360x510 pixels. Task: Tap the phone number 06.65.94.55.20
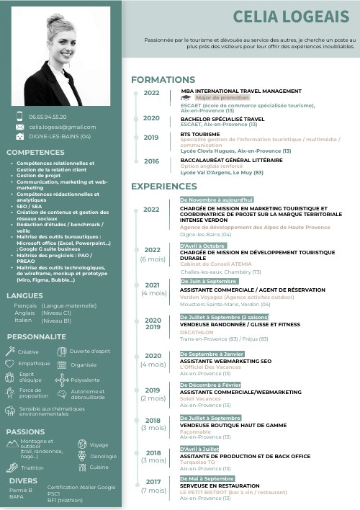click(48, 117)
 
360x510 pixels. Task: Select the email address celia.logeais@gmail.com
click(63, 127)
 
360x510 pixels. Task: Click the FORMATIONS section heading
click(163, 79)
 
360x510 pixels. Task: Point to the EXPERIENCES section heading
click(164, 187)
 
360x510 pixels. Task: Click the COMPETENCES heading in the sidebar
click(35, 153)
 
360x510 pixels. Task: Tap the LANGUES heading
click(24, 295)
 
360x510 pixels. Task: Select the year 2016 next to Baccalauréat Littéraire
click(151, 161)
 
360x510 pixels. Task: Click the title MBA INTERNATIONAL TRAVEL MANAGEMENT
click(240, 91)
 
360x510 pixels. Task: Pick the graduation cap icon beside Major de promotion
click(186, 97)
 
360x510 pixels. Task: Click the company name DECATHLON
click(197, 332)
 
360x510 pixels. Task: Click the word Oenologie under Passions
click(103, 456)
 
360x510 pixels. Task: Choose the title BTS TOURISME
click(199, 134)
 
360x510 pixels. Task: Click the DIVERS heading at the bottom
click(23, 480)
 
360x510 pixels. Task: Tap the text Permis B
click(21, 490)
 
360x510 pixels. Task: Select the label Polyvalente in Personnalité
click(85, 380)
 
